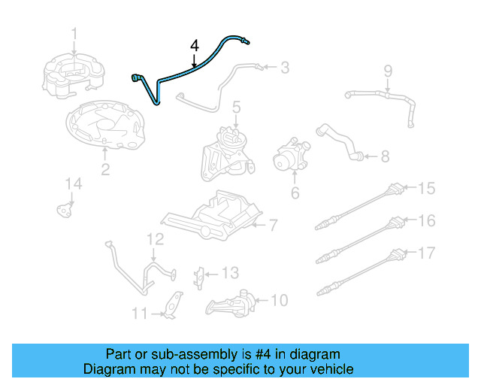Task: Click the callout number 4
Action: (194, 47)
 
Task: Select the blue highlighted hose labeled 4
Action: (188, 71)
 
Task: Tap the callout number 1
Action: (74, 33)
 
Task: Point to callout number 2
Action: (104, 170)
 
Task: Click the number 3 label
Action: (284, 68)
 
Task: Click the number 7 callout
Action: (273, 224)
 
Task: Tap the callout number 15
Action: (426, 188)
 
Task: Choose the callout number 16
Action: (426, 220)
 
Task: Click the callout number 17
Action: (426, 253)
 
